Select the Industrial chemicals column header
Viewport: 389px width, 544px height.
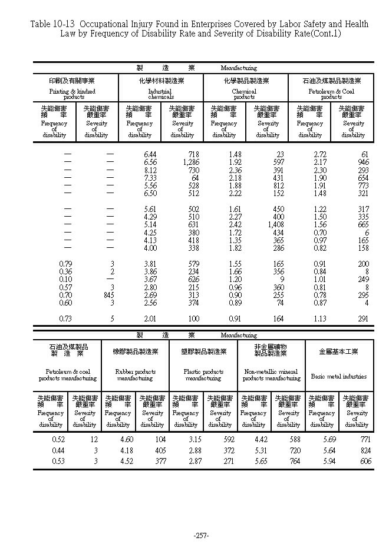(160, 94)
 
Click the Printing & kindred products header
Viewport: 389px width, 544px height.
(75, 94)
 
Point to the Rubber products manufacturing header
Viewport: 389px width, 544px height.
(135, 375)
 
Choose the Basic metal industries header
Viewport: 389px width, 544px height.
(339, 376)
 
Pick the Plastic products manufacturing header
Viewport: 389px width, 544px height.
(203, 375)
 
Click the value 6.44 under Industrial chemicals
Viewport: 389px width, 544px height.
(150, 154)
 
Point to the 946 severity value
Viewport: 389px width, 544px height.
(362, 162)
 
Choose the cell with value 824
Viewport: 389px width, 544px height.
(365, 450)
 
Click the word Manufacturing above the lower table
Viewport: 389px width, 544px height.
(239, 334)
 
